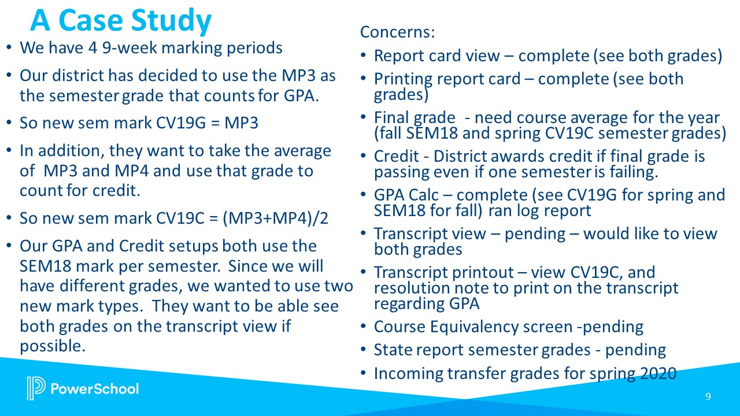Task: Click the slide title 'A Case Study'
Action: click(x=121, y=21)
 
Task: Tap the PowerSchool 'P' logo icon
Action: click(x=35, y=388)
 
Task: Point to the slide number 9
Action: click(x=708, y=396)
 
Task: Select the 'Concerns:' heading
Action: click(x=397, y=32)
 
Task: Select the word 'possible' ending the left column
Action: click(x=51, y=346)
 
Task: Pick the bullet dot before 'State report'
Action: click(x=363, y=351)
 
